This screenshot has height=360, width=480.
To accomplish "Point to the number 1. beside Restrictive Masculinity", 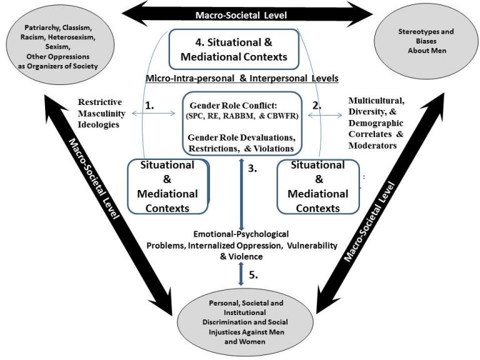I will [150, 106].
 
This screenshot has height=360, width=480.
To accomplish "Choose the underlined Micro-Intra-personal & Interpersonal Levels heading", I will [241, 78].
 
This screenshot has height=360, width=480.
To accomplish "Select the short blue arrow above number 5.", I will [239, 273].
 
